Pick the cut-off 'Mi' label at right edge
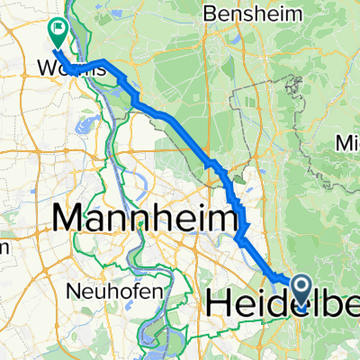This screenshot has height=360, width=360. point(347,143)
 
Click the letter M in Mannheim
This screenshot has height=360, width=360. point(70,218)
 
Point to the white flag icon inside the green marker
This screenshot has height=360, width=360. point(59,29)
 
